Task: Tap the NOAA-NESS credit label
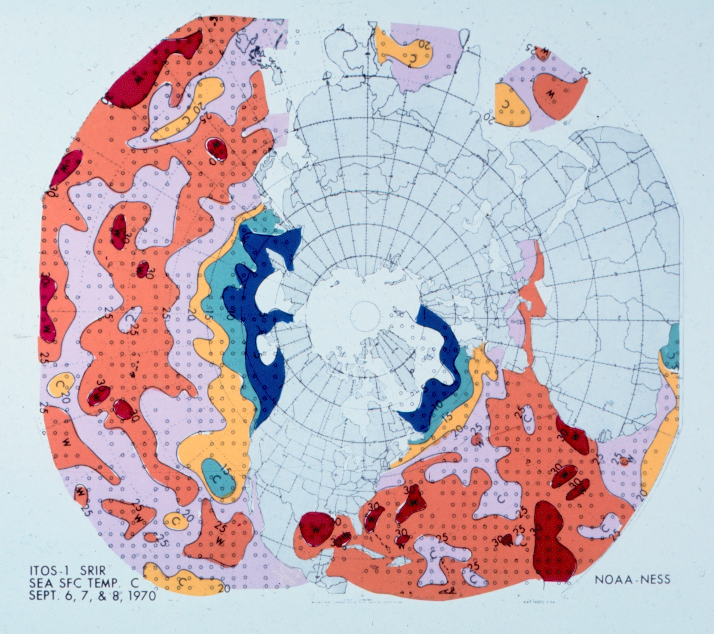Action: click(x=633, y=580)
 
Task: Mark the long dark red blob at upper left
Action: click(x=152, y=68)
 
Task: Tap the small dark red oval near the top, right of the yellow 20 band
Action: click(x=217, y=149)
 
